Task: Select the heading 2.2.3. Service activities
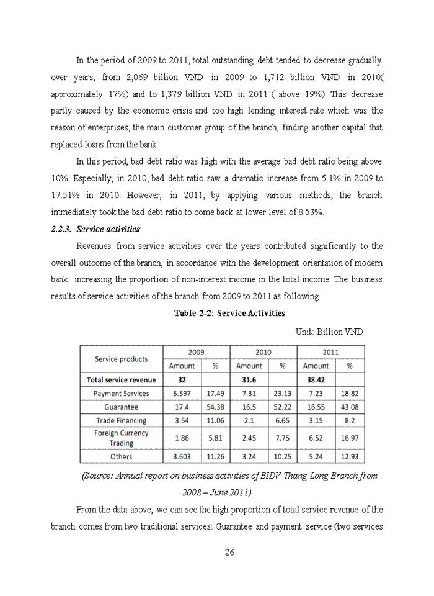95,229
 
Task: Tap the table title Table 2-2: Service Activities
229,313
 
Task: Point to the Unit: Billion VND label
329,332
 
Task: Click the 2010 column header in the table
263,352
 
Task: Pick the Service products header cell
121,359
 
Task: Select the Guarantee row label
121,407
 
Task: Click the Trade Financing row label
121,420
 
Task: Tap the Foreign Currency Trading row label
121,438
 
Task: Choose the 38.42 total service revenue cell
317,379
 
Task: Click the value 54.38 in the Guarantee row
215,407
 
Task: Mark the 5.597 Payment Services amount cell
182,393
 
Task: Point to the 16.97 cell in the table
350,438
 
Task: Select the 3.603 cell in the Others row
182,456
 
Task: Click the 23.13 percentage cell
282,393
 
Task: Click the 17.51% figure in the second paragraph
64,195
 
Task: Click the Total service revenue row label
121,379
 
